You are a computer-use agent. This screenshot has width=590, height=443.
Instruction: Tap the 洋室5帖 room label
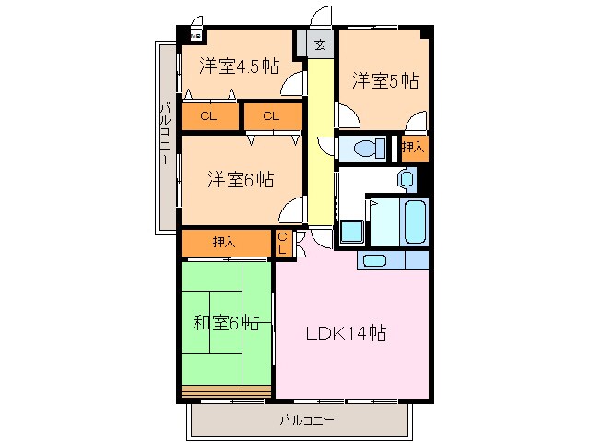(x=384, y=81)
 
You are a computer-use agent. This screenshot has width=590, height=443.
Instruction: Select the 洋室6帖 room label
(x=240, y=178)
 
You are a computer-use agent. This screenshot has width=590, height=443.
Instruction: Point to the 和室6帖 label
(x=226, y=323)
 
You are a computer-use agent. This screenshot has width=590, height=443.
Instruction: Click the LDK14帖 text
(x=346, y=333)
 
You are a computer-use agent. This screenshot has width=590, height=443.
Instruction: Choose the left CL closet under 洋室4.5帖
(x=208, y=116)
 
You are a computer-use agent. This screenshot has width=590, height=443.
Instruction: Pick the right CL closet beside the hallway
(x=272, y=116)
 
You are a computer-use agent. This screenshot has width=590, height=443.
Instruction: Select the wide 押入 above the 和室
(x=225, y=243)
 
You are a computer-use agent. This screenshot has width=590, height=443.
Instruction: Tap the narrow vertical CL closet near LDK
(x=284, y=243)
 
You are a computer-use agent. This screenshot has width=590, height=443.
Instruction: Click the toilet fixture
(x=366, y=147)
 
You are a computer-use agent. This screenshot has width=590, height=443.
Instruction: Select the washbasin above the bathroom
(x=407, y=177)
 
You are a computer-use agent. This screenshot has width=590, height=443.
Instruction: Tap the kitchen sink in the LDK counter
(x=376, y=259)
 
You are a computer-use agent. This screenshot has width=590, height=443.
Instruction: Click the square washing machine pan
(x=351, y=230)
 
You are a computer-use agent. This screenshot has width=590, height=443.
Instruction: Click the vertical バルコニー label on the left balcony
(x=165, y=135)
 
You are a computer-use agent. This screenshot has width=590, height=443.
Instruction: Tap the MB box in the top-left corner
(x=195, y=36)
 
